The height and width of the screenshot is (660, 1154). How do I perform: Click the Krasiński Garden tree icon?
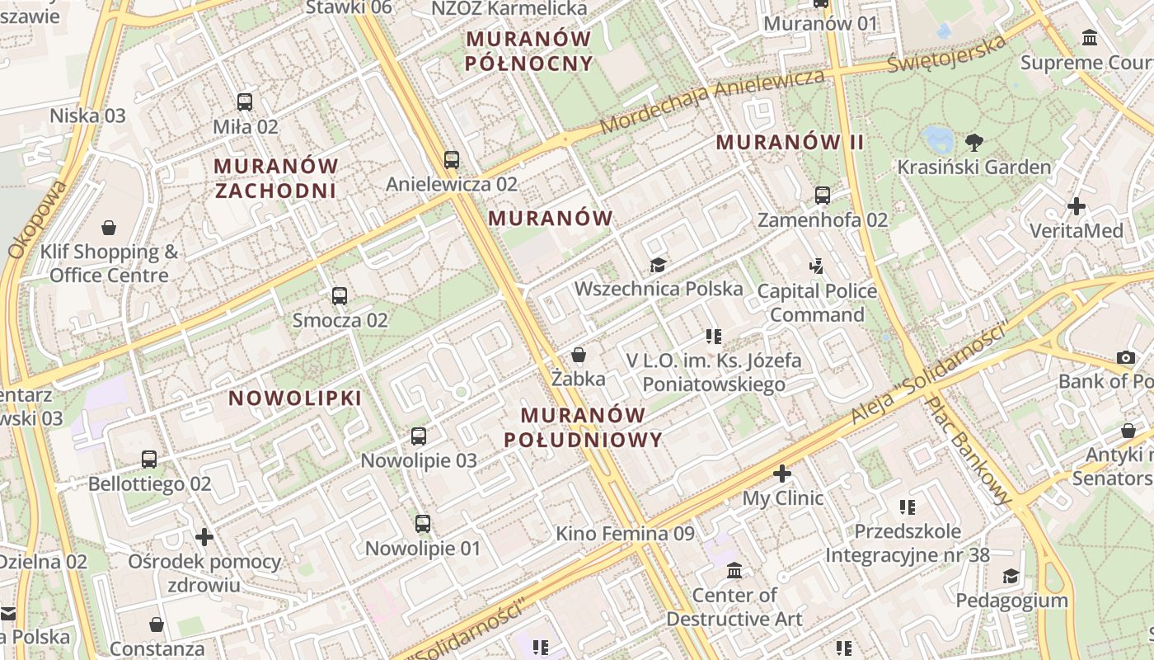pos(973,142)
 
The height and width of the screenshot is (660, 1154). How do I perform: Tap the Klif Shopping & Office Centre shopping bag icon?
pos(109,227)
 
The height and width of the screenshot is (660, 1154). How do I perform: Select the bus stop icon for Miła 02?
pos(245,102)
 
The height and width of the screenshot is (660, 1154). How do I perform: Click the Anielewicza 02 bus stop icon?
pos(451,159)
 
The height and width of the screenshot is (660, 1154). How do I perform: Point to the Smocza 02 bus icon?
pos(339,295)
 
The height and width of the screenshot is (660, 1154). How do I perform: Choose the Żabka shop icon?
pos(579,355)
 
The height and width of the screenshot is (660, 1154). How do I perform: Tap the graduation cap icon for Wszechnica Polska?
pos(658,265)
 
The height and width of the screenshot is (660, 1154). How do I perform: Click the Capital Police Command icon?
pos(816,266)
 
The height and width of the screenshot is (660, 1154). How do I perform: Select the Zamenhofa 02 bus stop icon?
pos(822,196)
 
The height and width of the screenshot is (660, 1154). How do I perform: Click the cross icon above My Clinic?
pos(782,474)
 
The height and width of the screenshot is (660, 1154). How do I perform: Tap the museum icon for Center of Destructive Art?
pos(734,570)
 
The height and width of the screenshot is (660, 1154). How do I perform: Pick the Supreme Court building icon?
pos(1090,38)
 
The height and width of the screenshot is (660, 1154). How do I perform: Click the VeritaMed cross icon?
pos(1076,206)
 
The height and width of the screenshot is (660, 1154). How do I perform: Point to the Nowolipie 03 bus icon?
pos(419,436)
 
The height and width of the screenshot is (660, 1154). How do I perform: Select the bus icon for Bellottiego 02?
pos(149,459)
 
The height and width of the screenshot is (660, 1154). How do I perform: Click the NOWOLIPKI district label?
pos(295,398)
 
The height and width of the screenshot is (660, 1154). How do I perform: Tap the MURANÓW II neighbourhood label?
pos(790,142)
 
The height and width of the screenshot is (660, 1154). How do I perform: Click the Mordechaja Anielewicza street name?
pos(713,101)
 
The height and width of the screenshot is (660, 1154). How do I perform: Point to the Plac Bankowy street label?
pos(969,450)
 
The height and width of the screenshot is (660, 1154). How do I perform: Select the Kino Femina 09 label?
pos(625,534)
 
